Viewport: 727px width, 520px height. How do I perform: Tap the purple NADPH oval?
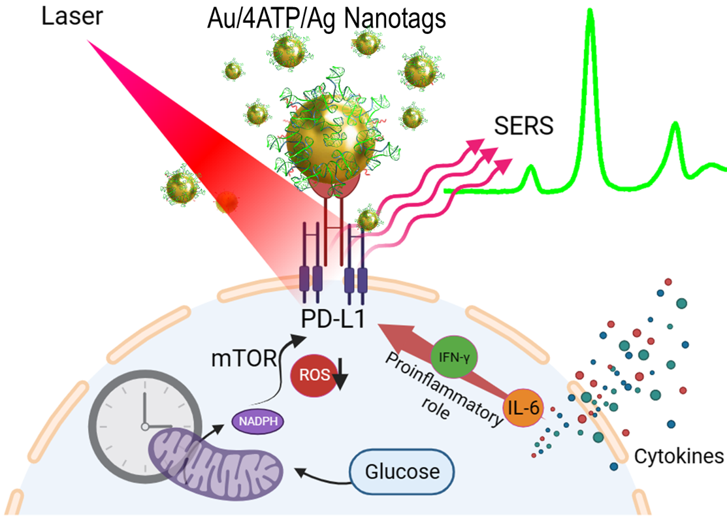pos(259,422)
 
